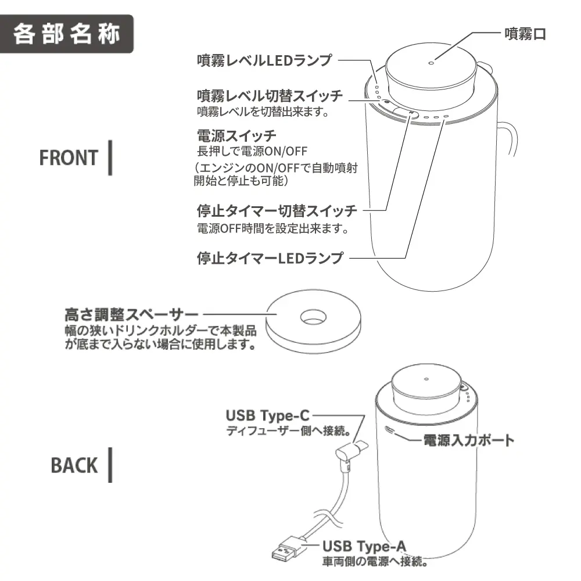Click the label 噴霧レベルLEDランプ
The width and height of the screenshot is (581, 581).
[x=264, y=60]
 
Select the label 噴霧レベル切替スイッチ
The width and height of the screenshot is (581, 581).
[x=270, y=95]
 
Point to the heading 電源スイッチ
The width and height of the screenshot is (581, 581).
[x=236, y=137]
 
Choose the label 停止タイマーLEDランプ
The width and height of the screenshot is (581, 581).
[x=270, y=257]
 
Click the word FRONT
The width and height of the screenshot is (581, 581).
[x=69, y=157]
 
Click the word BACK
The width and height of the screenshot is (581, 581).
[x=74, y=465]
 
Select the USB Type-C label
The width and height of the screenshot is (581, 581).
[x=268, y=415]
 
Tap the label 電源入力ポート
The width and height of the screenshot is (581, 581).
[x=467, y=440]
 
